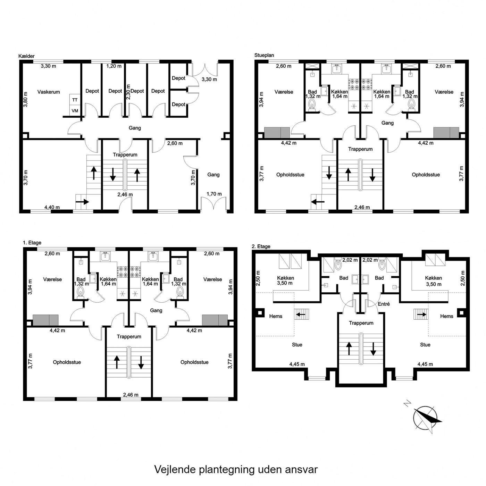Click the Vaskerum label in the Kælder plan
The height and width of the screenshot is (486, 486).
(48, 92)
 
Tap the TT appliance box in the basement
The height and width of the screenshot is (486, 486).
(75, 100)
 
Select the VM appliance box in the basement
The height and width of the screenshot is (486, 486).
(75, 111)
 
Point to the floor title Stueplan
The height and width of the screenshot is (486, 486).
(264, 55)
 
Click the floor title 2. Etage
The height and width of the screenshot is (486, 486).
(261, 246)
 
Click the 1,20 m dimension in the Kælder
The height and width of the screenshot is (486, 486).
(114, 66)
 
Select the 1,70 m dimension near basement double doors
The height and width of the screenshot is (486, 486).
(214, 194)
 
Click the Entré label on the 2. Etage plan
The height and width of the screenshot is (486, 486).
(384, 304)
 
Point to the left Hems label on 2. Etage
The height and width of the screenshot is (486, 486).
(276, 316)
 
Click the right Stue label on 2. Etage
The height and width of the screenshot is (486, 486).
(425, 345)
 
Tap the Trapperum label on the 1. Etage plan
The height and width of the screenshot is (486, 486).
(129, 336)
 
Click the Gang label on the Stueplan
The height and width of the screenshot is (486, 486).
(387, 123)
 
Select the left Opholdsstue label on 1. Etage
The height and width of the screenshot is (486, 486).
(67, 362)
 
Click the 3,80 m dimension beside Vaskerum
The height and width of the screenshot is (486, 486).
(25, 99)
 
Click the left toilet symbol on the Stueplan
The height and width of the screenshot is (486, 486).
(312, 105)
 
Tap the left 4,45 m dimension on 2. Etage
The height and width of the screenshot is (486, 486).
(297, 364)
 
